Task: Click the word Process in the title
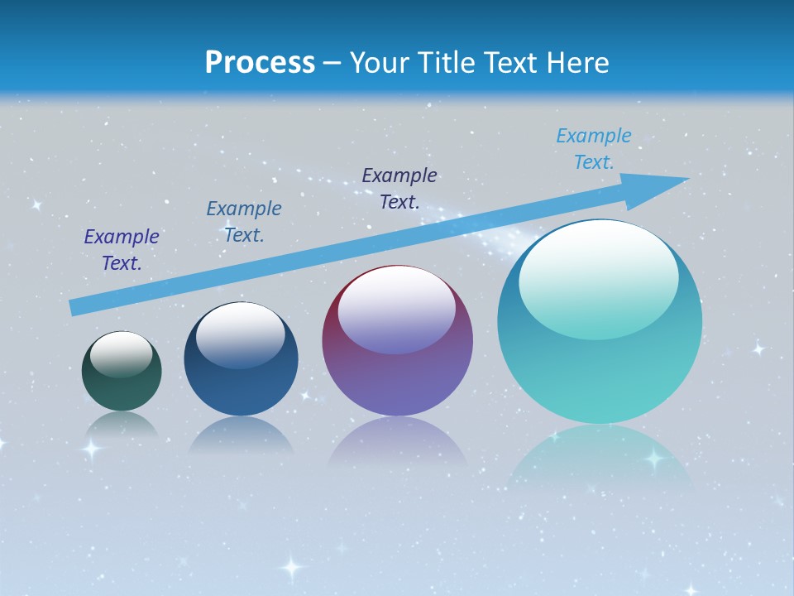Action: pyautogui.click(x=260, y=63)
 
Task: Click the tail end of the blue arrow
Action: pyautogui.click(x=76, y=307)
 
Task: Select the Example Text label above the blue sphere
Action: pyautogui.click(x=244, y=222)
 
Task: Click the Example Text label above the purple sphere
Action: pyautogui.click(x=399, y=189)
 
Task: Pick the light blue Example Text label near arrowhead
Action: pyautogui.click(x=594, y=149)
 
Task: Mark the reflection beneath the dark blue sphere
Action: pyautogui.click(x=241, y=435)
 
